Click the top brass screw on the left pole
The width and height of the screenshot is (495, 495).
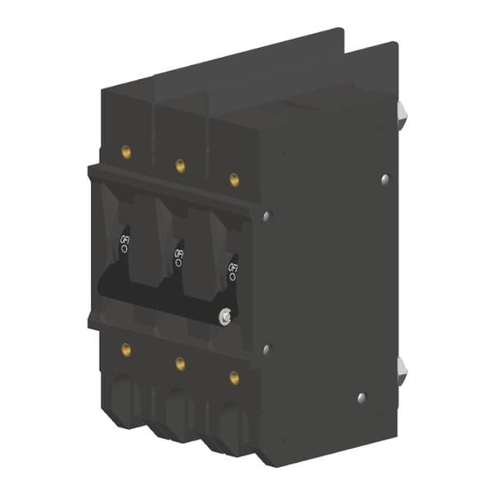pyautogui.click(x=126, y=152)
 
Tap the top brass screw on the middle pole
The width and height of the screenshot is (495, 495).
pyautogui.click(x=180, y=166)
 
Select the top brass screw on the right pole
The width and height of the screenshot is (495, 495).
pyautogui.click(x=234, y=179)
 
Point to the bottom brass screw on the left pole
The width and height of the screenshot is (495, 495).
pyautogui.click(x=126, y=349)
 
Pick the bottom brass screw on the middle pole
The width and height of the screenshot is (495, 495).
pyautogui.click(x=180, y=363)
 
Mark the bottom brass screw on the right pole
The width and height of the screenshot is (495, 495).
pyautogui.click(x=234, y=377)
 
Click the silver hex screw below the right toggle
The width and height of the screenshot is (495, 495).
pyautogui.click(x=224, y=315)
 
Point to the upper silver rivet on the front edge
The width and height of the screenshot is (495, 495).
pyautogui.click(x=266, y=216)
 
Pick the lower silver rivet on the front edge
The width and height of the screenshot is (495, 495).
pyautogui.click(x=266, y=349)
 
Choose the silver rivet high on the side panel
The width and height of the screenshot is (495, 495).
pyautogui.click(x=384, y=177)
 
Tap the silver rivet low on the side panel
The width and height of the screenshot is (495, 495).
pyautogui.click(x=361, y=398)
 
